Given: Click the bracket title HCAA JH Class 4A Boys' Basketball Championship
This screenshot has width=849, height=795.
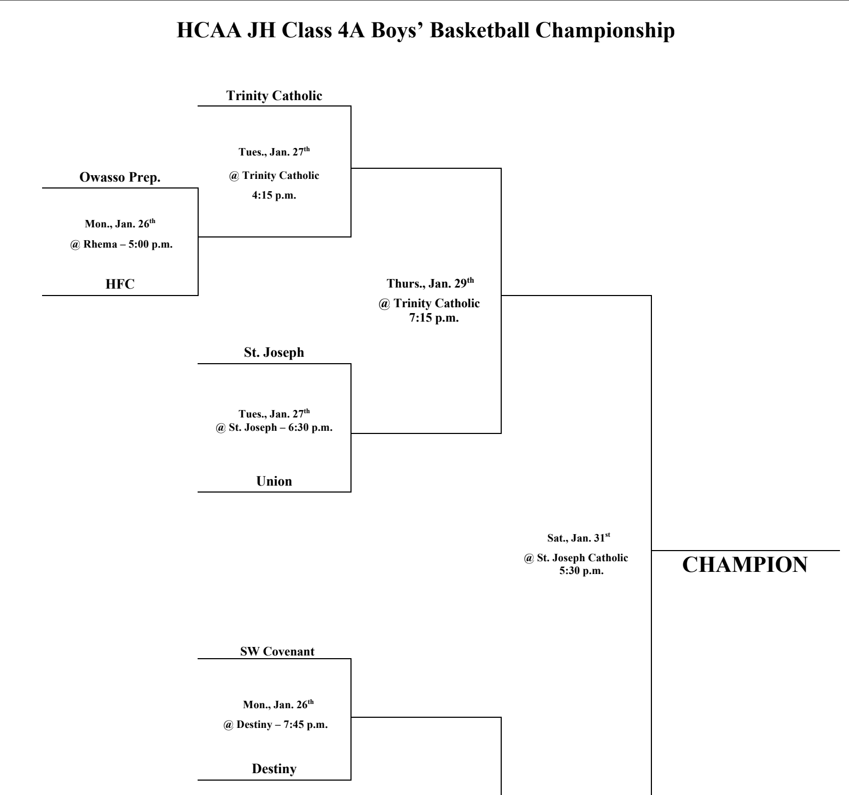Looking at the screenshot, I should click(425, 31).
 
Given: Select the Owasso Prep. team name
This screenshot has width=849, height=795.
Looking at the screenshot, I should click(120, 178).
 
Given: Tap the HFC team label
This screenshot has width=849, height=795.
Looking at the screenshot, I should click(120, 284).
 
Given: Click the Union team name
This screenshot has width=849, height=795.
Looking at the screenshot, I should click(274, 481).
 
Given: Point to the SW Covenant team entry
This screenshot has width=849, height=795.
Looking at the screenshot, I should click(277, 652).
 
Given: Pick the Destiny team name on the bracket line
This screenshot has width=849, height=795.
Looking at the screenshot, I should click(274, 769).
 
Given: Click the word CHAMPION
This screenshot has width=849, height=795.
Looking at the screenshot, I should click(745, 565).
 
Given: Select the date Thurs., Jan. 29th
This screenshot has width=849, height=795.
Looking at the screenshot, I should click(430, 283).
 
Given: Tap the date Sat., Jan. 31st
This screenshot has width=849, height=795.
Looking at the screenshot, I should click(578, 538).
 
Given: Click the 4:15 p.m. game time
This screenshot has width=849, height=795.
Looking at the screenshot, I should click(274, 195).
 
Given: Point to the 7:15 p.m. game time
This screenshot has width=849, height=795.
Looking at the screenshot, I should click(434, 318).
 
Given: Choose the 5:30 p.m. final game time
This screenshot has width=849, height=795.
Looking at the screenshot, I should click(582, 571).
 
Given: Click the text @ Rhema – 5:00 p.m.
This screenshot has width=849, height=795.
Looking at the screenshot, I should click(121, 245).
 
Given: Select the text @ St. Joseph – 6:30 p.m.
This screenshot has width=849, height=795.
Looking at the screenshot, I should click(274, 428).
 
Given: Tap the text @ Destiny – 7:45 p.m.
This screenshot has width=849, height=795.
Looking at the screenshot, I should click(275, 725).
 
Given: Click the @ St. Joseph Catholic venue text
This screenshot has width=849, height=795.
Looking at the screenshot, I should click(576, 558).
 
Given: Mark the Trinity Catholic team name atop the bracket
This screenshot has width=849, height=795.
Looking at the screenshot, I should click(274, 96).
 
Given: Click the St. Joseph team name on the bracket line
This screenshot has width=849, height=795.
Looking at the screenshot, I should click(274, 353).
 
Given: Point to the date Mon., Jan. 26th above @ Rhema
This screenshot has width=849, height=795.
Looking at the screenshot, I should click(120, 224).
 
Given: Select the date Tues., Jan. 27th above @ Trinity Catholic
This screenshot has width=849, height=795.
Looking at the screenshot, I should click(274, 152).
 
